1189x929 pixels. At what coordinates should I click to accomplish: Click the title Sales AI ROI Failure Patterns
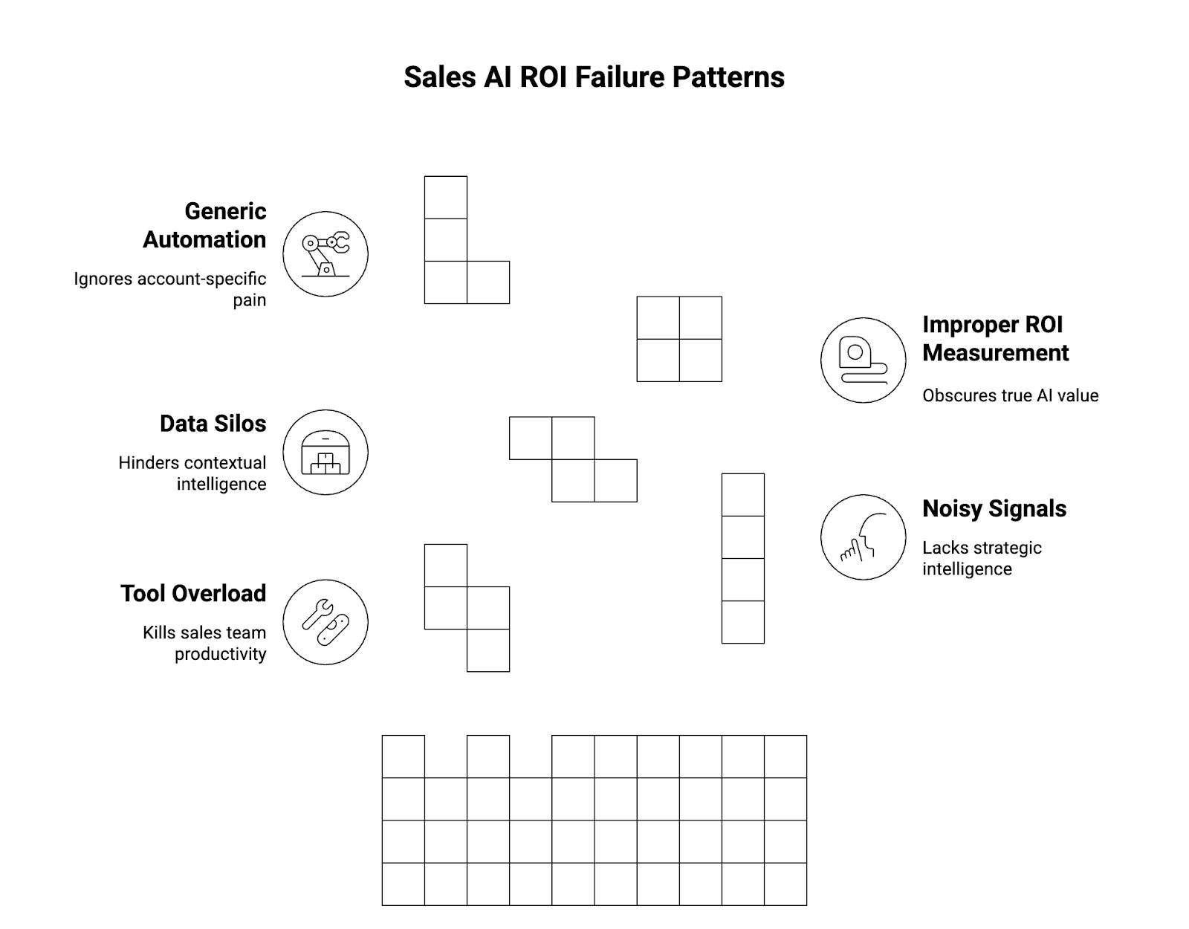(x=594, y=77)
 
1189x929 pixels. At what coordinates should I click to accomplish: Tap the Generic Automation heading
(x=204, y=225)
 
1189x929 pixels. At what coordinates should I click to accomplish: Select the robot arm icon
(x=325, y=253)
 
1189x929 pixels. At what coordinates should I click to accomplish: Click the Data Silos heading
(x=213, y=424)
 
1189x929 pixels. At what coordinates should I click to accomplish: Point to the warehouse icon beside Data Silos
(x=325, y=452)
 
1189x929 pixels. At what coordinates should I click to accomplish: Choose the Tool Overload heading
(x=193, y=593)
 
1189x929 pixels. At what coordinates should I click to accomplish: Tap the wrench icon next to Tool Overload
(x=325, y=622)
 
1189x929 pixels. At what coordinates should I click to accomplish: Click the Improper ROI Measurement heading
(x=995, y=338)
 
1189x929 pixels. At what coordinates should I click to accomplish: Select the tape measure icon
(x=863, y=360)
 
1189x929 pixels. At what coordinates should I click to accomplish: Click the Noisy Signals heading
(x=994, y=508)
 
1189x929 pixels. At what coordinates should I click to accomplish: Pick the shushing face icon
(x=863, y=537)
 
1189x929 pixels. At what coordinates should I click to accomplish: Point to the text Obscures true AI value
(x=1010, y=395)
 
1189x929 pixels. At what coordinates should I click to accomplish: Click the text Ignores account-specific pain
(x=170, y=289)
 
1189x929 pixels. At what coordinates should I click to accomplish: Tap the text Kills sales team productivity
(x=204, y=643)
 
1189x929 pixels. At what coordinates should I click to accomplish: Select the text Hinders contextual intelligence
(x=192, y=473)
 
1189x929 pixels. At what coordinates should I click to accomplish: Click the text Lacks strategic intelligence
(x=982, y=558)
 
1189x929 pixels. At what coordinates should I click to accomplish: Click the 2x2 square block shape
(x=679, y=339)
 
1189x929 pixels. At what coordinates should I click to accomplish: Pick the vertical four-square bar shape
(x=742, y=558)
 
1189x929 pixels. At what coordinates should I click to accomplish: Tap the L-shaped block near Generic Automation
(x=446, y=260)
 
